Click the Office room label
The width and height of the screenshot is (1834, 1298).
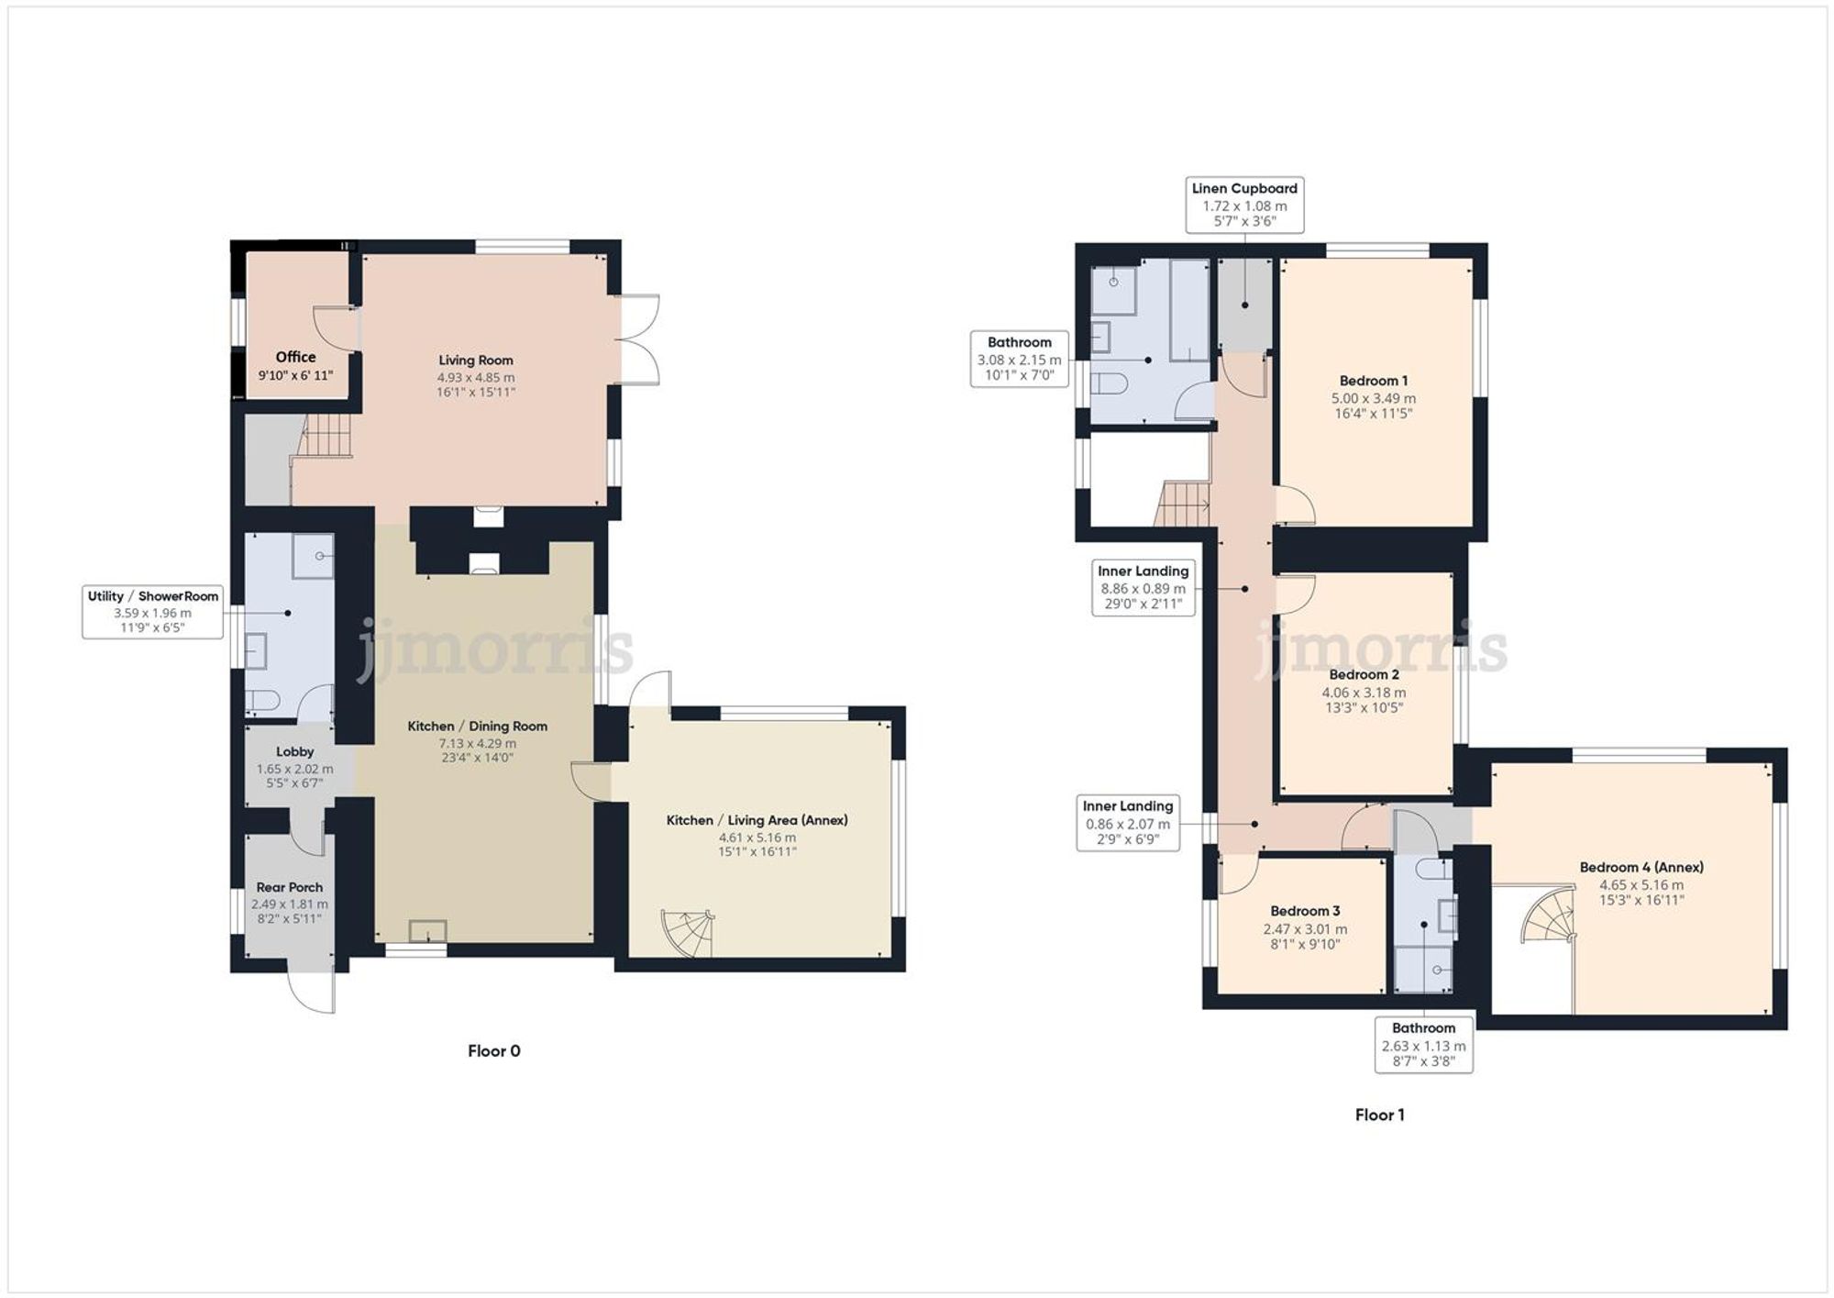(295, 357)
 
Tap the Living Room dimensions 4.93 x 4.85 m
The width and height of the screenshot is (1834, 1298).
(475, 377)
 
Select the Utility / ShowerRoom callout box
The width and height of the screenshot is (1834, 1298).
(152, 612)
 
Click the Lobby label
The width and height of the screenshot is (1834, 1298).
(294, 751)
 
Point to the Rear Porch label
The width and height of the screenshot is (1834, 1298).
(289, 887)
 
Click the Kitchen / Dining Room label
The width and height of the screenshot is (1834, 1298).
(477, 726)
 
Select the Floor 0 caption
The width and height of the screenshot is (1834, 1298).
(493, 1050)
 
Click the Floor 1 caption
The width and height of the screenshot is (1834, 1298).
(1379, 1115)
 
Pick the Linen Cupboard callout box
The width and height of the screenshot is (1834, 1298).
(1244, 205)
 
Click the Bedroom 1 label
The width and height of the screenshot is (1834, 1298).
(1373, 381)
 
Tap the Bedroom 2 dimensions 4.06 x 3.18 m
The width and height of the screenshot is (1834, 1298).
(1364, 693)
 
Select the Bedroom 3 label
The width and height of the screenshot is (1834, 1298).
(1304, 911)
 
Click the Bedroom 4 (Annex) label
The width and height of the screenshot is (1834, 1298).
(1641, 867)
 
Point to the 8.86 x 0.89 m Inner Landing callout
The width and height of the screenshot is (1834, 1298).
(1143, 587)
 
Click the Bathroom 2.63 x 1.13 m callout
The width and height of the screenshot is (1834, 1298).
(1423, 1044)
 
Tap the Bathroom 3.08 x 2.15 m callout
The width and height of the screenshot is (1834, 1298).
(1019, 359)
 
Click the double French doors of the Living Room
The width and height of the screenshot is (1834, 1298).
(639, 338)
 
